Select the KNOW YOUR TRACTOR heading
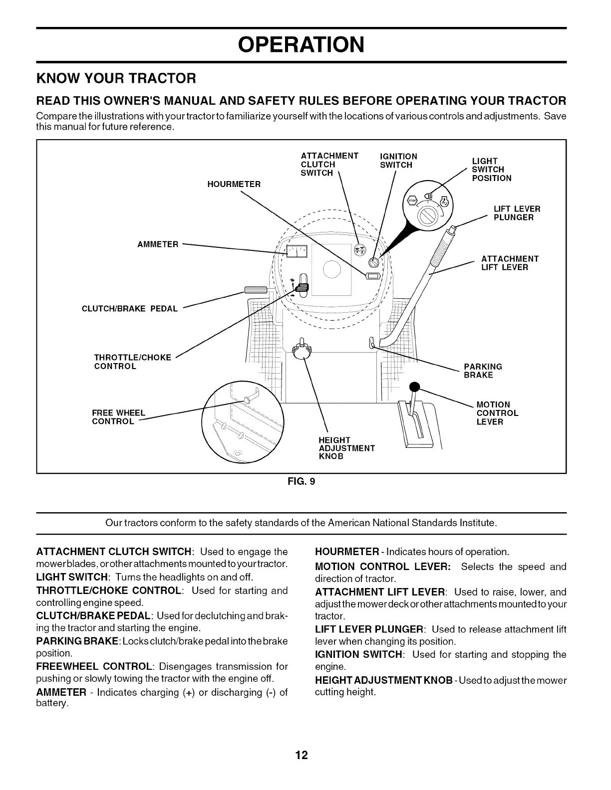(116, 79)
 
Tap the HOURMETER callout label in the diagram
(234, 185)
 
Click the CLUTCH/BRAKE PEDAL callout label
(129, 309)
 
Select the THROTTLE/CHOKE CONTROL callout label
(132, 362)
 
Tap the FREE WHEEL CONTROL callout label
(118, 417)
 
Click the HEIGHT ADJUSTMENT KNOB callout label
(346, 448)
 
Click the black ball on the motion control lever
(413, 387)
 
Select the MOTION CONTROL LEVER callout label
(497, 413)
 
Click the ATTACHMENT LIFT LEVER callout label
(509, 263)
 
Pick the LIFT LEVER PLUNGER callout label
(516, 213)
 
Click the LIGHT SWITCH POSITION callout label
(491, 170)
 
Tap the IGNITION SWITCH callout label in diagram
(398, 161)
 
